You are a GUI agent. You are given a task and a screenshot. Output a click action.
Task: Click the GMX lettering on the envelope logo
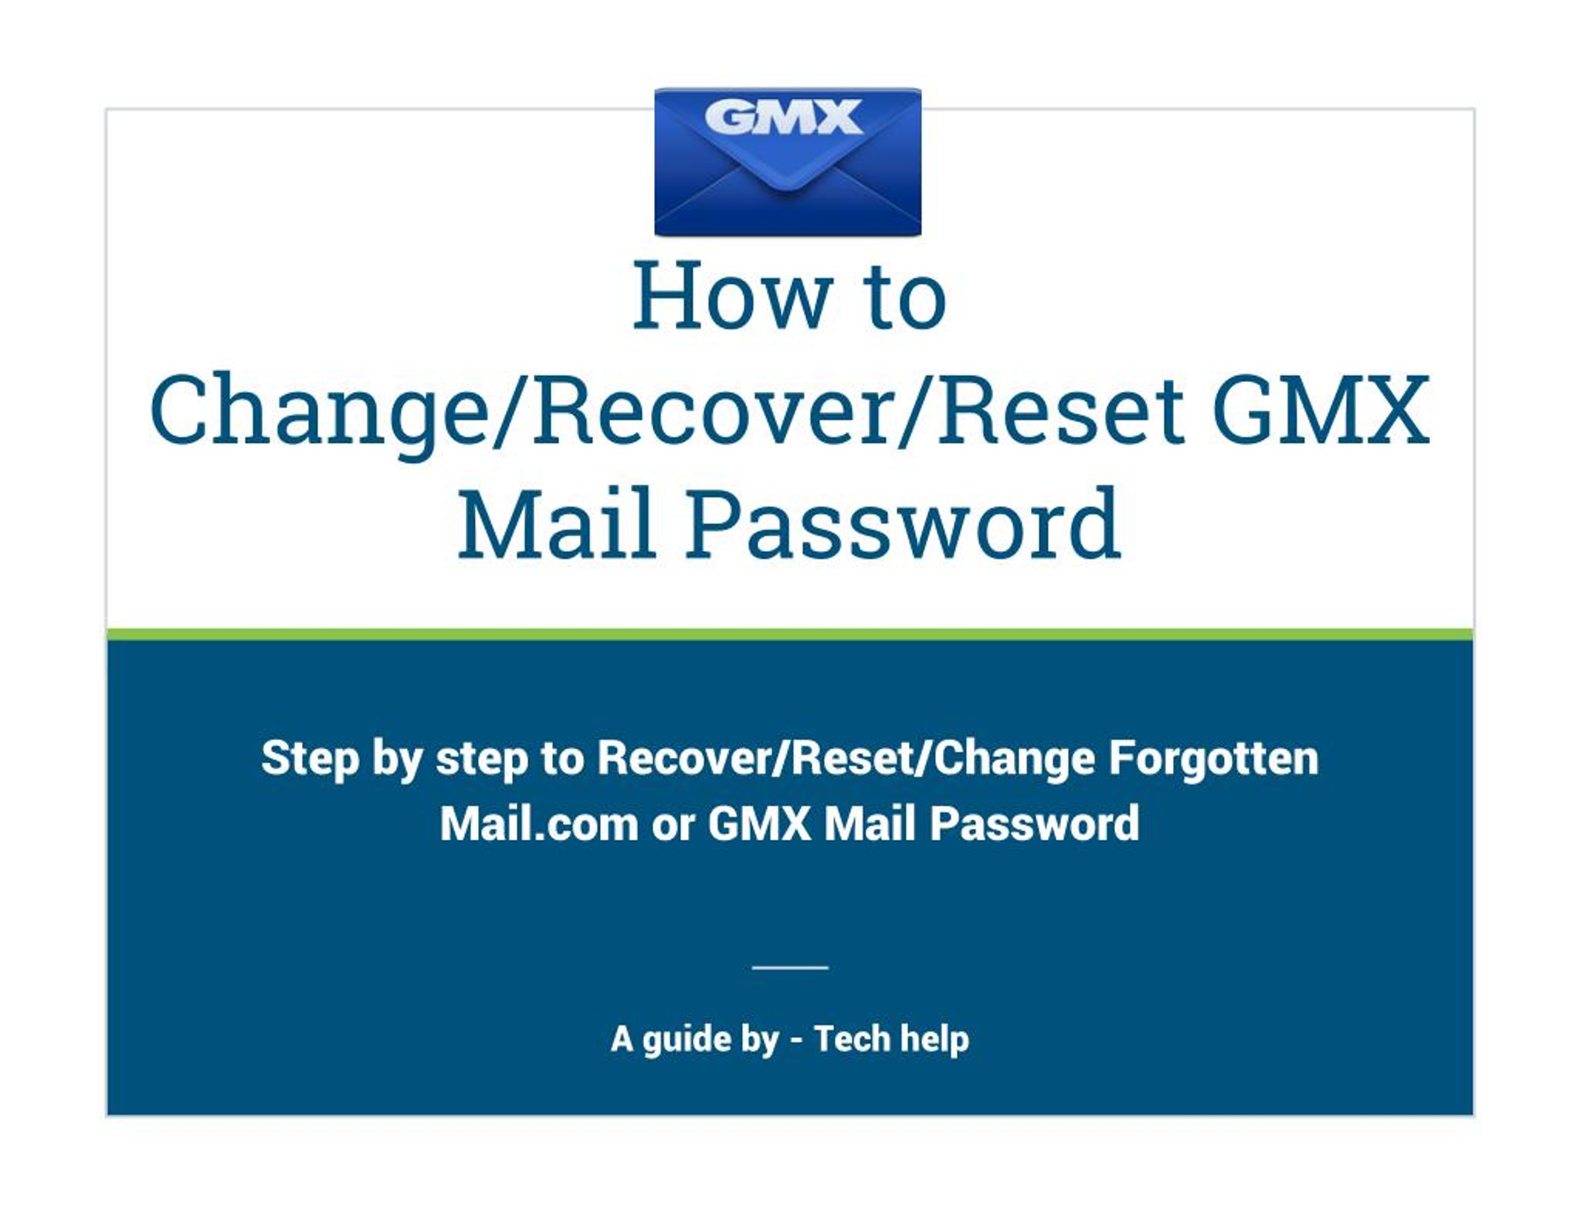pos(784,117)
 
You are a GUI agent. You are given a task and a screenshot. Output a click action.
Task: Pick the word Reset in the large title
pos(1061,409)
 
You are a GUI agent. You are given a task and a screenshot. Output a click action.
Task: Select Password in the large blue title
pos(904,524)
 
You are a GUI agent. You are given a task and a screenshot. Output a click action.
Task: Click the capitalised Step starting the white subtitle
pos(310,759)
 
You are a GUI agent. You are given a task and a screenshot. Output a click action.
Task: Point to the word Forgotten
pos(1214,758)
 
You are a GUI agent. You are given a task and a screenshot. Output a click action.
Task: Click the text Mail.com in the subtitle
pos(539,823)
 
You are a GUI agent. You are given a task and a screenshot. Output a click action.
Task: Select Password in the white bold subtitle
pos(1034,823)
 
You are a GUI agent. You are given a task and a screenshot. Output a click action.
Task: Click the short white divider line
pos(790,967)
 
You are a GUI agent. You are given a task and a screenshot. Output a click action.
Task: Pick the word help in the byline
pos(934,1040)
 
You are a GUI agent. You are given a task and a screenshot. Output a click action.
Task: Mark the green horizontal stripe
pos(790,635)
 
